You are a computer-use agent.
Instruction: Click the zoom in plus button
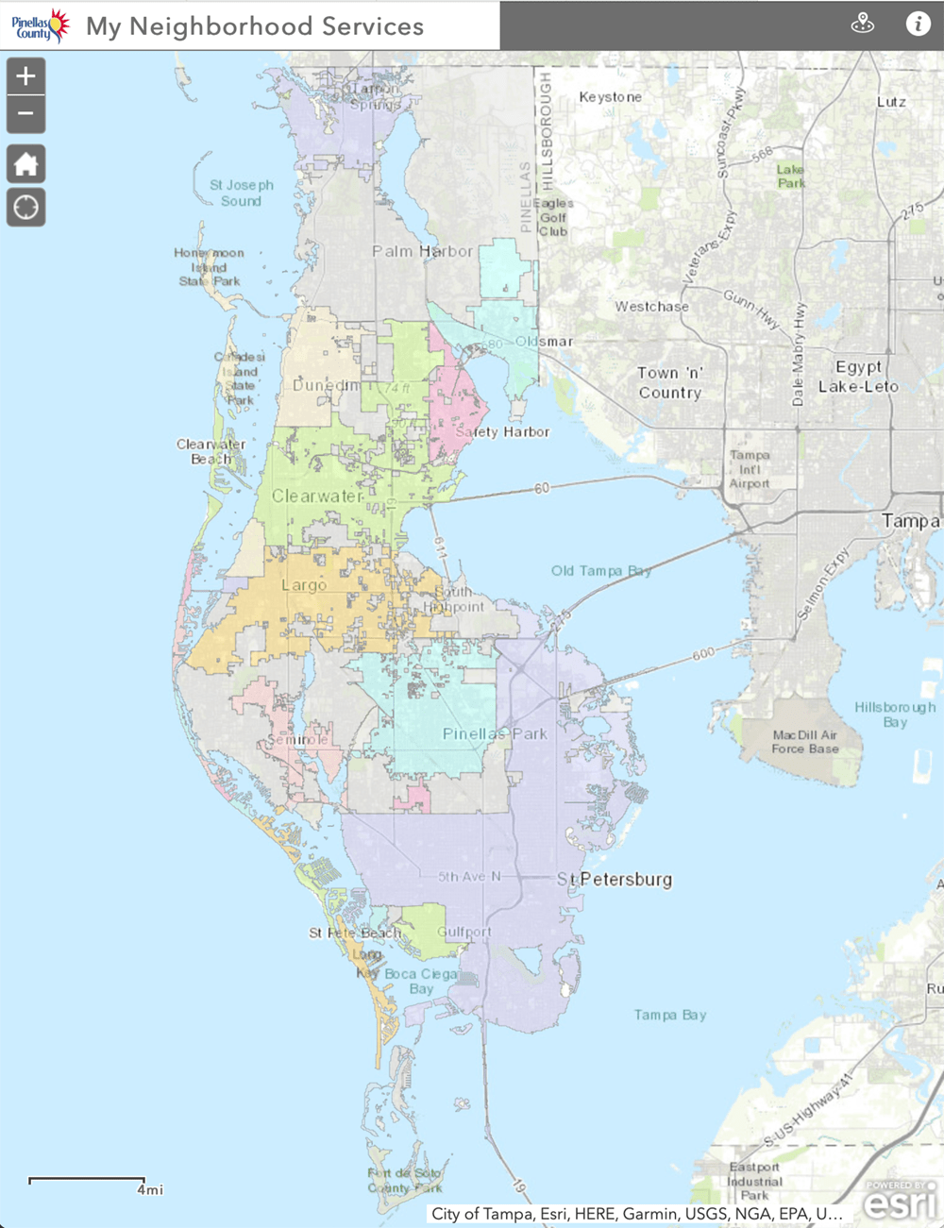pos(25,76)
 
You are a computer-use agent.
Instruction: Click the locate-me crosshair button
pos(25,207)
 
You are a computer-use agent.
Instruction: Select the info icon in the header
pos(918,25)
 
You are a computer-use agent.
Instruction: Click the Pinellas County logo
pos(41,25)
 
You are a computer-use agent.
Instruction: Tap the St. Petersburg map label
pos(615,880)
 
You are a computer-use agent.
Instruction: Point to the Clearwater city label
pos(317,496)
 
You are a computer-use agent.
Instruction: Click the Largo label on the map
pos(304,585)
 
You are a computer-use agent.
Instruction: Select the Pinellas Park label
pos(495,733)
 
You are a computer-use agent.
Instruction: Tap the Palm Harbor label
pos(422,251)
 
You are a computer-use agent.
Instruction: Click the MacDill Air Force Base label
pos(804,742)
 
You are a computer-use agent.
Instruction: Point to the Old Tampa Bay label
pos(601,571)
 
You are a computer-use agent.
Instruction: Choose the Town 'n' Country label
pos(669,382)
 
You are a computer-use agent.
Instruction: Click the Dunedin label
pos(326,385)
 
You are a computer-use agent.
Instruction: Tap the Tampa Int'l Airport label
pos(750,469)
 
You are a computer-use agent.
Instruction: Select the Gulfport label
pos(464,932)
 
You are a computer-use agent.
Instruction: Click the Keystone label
pos(610,97)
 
